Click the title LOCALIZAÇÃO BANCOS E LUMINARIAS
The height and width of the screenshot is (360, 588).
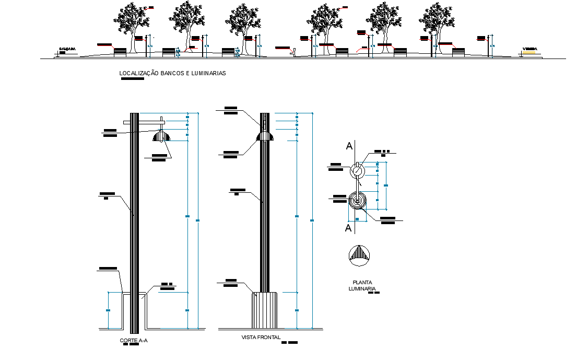pos(172,74)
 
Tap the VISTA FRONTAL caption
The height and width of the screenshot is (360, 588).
pos(261,338)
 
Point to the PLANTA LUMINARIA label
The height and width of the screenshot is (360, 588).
pos(362,285)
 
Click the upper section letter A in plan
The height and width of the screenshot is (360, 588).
pos(349,146)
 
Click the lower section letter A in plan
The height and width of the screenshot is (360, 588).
pos(348,228)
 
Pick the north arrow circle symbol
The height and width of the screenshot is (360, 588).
pos(360,255)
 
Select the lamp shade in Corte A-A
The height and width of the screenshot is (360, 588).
pos(161,137)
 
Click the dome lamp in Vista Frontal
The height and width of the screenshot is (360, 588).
pos(265,136)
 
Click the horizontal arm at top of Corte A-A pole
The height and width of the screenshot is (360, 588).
pos(144,122)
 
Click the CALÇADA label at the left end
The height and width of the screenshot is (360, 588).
pos(67,49)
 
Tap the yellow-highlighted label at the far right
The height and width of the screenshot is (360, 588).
pos(530,50)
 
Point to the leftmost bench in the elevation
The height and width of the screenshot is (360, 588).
pos(120,51)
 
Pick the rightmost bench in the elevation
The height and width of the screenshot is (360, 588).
pos(458,51)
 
